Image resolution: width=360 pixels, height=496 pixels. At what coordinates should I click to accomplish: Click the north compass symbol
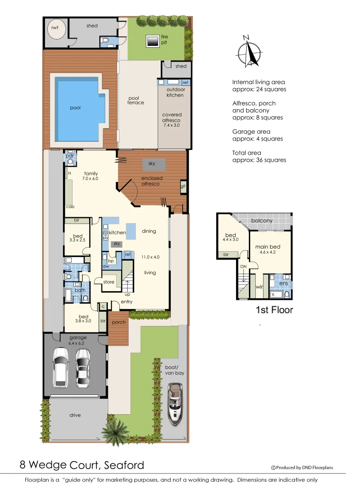[247, 51]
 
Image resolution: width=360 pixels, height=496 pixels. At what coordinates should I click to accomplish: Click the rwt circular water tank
[55, 28]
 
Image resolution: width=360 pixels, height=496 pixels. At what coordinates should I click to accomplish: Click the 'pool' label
[75, 108]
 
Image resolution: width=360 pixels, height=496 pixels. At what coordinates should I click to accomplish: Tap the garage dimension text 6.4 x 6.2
[78, 343]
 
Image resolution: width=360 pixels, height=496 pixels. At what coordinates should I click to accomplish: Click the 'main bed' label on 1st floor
[267, 247]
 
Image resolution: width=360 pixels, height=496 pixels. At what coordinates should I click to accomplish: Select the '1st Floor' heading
[274, 310]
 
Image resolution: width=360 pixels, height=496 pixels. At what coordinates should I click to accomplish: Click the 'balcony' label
[262, 221]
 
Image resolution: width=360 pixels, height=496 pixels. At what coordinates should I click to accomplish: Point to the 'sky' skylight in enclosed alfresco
[152, 163]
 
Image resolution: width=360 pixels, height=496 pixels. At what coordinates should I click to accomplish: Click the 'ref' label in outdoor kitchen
[185, 83]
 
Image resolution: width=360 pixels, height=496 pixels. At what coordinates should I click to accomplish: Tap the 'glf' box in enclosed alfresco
[183, 186]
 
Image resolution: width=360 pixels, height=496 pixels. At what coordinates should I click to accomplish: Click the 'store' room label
[109, 282]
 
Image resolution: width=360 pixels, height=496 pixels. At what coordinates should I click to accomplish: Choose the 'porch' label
[119, 322]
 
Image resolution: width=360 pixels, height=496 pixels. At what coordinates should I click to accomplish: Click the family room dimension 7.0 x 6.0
[90, 178]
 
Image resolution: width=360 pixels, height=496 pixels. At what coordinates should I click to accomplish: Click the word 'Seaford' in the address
[123, 465]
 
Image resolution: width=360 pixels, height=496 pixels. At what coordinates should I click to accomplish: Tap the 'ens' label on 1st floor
[283, 283]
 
